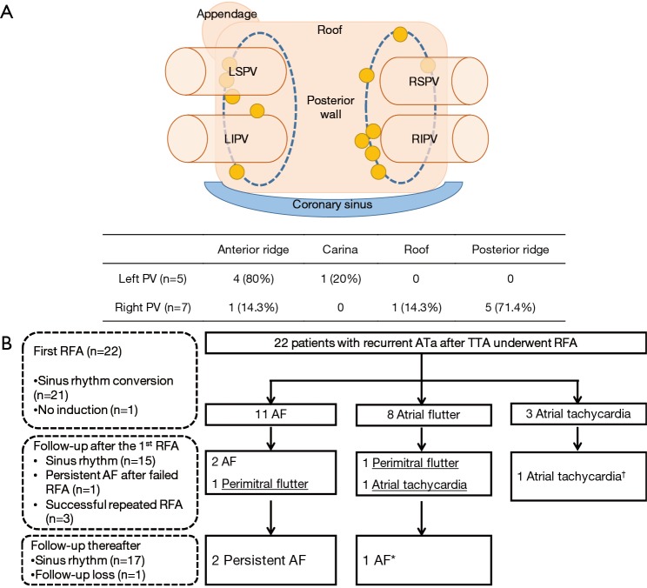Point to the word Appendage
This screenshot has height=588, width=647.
coord(226,15)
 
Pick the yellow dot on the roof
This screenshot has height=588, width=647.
coord(399,35)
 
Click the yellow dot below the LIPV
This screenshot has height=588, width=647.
coord(237,171)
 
